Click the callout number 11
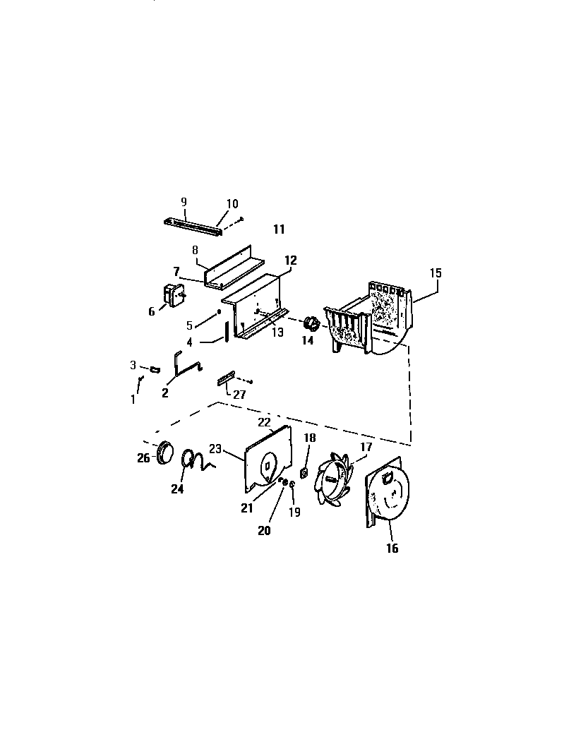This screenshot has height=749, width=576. coord(279,229)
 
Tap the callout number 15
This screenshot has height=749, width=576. coord(436,272)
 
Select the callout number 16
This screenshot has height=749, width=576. coord(392,548)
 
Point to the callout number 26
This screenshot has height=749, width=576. coord(143,457)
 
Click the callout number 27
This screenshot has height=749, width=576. coord(239,395)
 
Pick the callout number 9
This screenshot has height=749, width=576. coord(184,201)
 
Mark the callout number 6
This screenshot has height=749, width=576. coord(151,311)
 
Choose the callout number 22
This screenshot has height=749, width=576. coord(264,422)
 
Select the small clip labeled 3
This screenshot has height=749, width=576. coord(154,369)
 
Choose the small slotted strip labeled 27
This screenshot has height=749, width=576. coord(226,379)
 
